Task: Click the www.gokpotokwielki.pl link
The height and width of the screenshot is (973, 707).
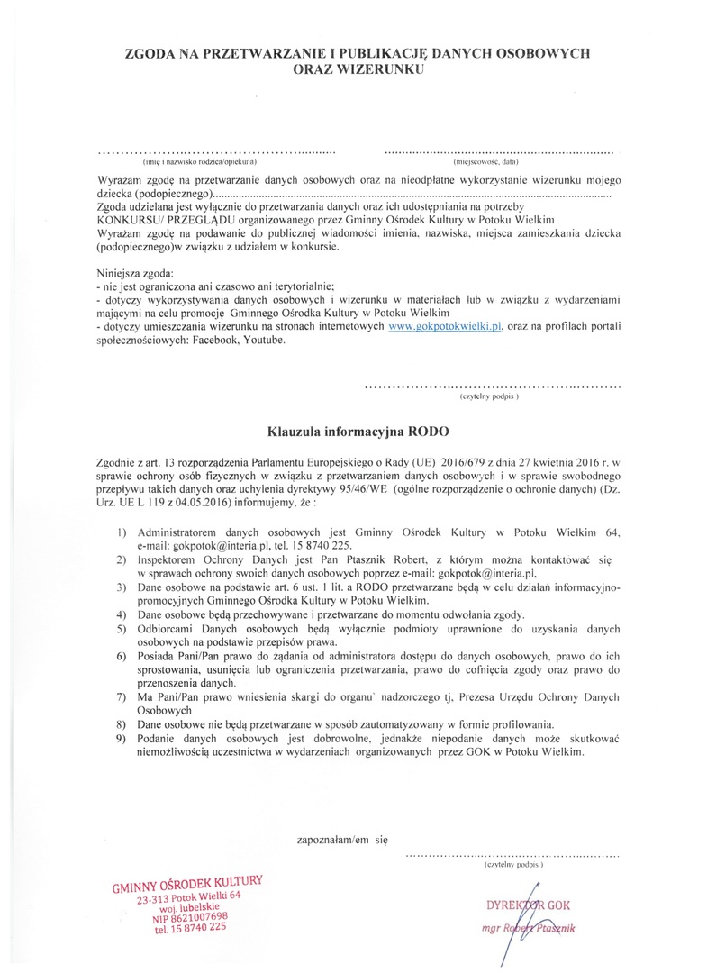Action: pyautogui.click(x=444, y=325)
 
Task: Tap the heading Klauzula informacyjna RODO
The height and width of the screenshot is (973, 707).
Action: pyautogui.click(x=357, y=431)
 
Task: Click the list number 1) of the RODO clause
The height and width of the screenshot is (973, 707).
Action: pyautogui.click(x=122, y=533)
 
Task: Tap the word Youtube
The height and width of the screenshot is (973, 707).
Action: pyautogui.click(x=263, y=339)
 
